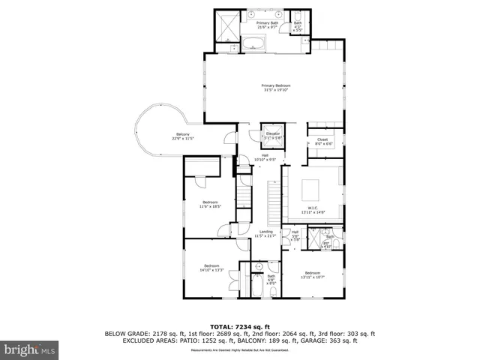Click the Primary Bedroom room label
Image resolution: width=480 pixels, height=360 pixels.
(276, 88)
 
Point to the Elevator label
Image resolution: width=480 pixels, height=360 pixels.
(272, 135)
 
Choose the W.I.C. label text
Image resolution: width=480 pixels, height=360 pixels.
(313, 210)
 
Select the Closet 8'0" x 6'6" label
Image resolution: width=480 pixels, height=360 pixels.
(322, 141)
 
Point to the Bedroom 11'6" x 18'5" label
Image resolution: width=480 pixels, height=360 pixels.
(210, 204)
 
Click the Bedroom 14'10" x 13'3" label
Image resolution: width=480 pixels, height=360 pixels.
(212, 268)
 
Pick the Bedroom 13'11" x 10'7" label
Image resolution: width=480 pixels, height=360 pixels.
(313, 274)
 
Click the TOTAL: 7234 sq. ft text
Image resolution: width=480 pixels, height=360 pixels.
(240, 328)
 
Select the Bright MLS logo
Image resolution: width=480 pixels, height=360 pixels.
(30, 349)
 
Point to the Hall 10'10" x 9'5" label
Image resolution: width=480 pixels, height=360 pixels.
(265, 157)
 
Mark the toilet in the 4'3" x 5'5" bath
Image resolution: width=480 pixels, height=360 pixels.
(298, 16)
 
